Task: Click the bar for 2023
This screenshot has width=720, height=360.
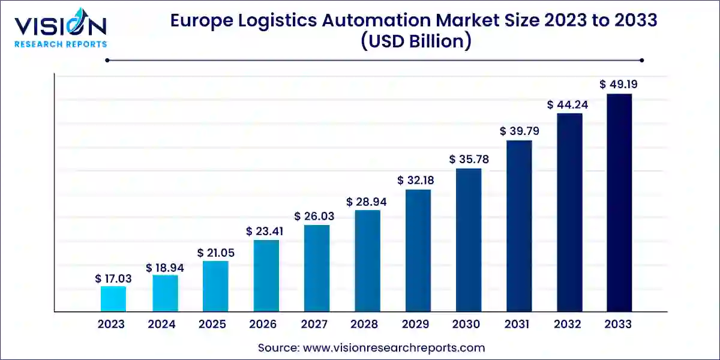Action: [x=113, y=299]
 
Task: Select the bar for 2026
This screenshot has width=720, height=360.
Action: [x=266, y=275]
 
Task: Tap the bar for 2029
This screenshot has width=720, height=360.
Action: [x=418, y=250]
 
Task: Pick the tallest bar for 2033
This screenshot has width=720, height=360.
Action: [x=619, y=203]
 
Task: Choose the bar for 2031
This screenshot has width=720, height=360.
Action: [x=519, y=226]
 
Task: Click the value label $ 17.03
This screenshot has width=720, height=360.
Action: [x=113, y=278]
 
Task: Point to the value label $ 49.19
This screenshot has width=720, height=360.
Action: [x=619, y=85]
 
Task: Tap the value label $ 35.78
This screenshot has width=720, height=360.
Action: [x=468, y=160]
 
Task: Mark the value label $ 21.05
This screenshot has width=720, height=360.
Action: [x=215, y=253]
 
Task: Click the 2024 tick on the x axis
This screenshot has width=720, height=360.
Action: [x=161, y=325]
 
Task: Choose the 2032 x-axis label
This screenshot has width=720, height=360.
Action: [x=568, y=325]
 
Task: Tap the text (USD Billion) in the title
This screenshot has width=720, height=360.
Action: [x=413, y=42]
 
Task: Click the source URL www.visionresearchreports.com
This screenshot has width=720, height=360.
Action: [x=395, y=347]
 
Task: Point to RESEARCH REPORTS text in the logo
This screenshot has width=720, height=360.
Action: [x=60, y=44]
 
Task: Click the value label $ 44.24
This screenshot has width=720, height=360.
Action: [x=568, y=104]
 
